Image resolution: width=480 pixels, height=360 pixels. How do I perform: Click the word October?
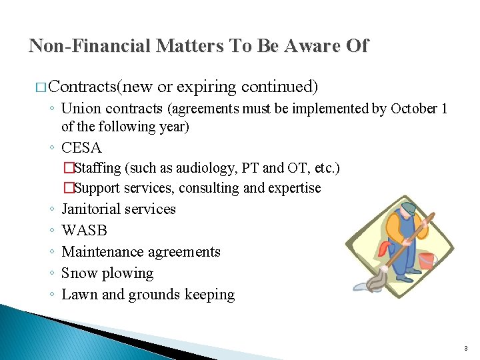point(414,109)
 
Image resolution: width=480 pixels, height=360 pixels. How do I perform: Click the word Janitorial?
point(89,209)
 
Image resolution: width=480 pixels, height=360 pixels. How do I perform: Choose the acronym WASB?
point(84,231)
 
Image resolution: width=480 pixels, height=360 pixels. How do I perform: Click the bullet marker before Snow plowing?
point(51,273)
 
